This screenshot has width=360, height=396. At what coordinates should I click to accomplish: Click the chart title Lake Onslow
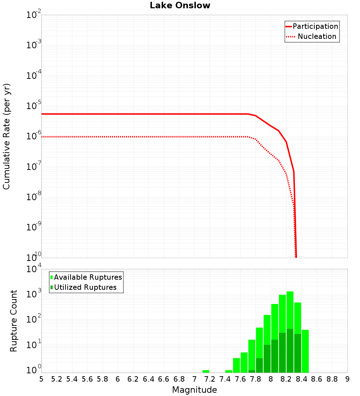click(x=180, y=5)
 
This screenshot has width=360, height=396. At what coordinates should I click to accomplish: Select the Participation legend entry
click(x=315, y=26)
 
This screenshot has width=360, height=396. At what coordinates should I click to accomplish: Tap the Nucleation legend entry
click(x=317, y=36)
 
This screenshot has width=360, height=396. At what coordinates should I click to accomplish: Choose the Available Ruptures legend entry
click(x=88, y=277)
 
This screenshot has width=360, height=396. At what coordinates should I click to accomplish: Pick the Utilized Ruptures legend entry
click(x=85, y=287)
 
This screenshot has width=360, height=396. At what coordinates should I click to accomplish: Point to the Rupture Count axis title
click(x=14, y=320)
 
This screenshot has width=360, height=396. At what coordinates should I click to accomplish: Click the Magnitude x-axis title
click(x=194, y=390)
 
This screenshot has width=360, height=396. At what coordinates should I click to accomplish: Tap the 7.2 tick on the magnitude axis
click(x=210, y=379)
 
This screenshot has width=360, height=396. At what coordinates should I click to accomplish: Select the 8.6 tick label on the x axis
click(x=317, y=379)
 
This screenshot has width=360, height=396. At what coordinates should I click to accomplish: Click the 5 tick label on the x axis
click(x=41, y=379)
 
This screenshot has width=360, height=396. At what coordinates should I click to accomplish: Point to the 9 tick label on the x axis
click(x=347, y=379)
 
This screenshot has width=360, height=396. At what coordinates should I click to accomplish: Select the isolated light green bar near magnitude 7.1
click(x=206, y=371)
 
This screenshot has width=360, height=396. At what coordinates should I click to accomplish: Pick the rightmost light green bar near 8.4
click(x=305, y=351)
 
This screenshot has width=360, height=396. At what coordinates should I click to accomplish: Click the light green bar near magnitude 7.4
click(x=229, y=371)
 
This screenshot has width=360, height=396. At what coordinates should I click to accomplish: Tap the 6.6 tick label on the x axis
click(x=164, y=379)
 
